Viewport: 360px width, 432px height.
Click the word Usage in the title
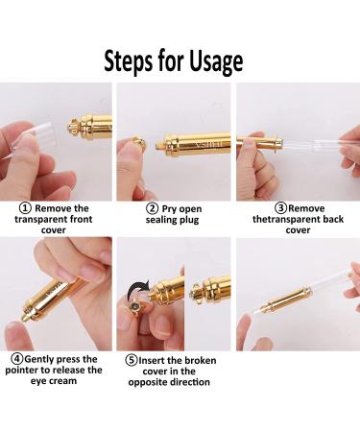[216, 61]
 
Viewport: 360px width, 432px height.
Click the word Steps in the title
[128, 61]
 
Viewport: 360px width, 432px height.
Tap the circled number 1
[25, 208]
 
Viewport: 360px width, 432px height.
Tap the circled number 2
[152, 208]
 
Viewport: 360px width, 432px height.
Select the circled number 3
[280, 208]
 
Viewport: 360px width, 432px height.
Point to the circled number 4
[17, 359]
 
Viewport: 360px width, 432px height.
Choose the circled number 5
[132, 360]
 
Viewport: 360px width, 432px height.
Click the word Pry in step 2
[168, 209]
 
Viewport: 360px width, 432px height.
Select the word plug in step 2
[188, 220]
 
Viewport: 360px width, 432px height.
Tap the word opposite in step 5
[148, 382]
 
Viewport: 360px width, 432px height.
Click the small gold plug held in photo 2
[139, 143]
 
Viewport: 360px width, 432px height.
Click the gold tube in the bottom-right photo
[285, 300]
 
